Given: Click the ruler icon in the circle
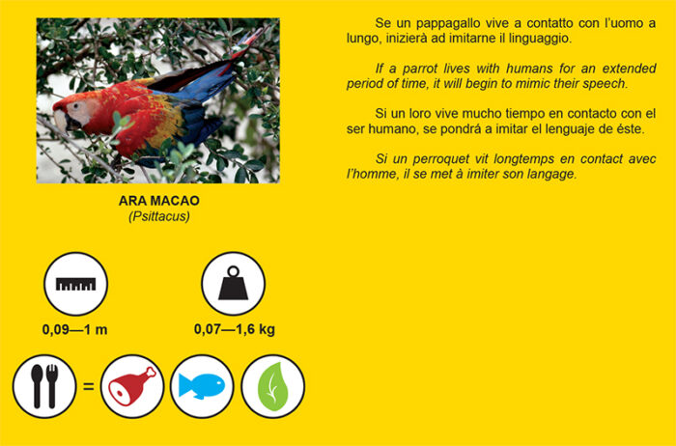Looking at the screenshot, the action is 76,284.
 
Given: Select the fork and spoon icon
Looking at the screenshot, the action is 44,386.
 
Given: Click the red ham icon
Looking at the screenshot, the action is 132,386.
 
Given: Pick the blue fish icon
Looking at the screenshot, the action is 202,386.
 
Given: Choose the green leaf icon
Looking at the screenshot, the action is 272,386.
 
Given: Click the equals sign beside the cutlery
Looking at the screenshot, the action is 89,386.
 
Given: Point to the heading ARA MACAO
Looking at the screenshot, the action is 159,201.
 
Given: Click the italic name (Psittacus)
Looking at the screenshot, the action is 159,216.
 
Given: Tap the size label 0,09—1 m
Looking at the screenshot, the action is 75,329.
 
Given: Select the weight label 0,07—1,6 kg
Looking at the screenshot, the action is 235,329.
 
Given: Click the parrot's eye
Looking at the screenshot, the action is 76,105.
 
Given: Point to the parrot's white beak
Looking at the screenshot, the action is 60,121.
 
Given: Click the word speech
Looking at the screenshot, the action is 605,84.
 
